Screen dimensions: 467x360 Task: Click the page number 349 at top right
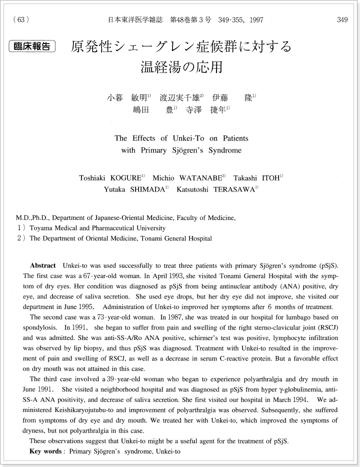342,20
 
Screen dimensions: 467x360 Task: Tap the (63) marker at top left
20,20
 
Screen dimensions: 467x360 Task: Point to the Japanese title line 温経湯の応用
181,66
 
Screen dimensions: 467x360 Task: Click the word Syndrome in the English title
226,150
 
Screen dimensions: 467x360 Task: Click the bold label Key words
45,451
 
